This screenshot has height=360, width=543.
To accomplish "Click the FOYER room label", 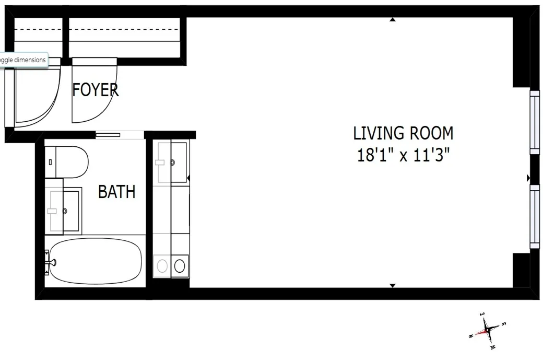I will click(x=95, y=90).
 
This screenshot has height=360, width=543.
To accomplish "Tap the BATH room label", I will click(x=116, y=192).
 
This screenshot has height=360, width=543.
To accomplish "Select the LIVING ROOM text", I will click(x=403, y=133).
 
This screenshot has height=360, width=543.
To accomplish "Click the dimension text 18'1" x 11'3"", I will click(x=403, y=155).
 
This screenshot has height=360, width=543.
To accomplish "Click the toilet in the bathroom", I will click(x=66, y=162).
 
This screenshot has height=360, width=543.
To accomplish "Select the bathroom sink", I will click(x=64, y=211).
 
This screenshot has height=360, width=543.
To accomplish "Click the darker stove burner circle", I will click(x=179, y=266).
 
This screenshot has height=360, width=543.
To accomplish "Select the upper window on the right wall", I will click(x=534, y=122).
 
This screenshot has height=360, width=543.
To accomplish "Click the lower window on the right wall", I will click(x=534, y=216).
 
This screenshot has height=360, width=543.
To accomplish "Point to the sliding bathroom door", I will click(x=108, y=135).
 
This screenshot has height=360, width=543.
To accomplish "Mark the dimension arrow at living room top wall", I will click(x=393, y=20).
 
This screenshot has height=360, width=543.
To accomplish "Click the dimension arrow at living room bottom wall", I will click(x=393, y=285).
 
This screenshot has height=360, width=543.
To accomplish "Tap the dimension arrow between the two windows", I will click(x=528, y=178).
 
